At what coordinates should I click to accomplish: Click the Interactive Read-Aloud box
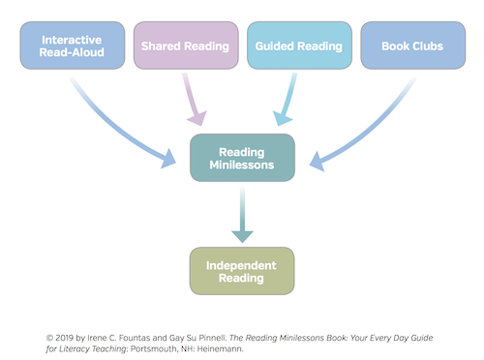pos(72,45)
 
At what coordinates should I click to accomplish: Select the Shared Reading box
pos(185,45)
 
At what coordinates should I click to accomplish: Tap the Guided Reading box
pos(298,45)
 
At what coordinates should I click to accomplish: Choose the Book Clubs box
pos(412,45)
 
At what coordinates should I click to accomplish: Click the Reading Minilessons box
pos(242,158)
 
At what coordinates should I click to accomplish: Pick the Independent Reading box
pos(242,271)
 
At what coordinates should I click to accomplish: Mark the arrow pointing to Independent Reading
pos(242,215)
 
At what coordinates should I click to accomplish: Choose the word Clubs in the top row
pos(427,45)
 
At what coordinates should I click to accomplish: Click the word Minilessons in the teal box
pos(242,165)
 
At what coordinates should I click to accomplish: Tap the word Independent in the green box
pos(242,264)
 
